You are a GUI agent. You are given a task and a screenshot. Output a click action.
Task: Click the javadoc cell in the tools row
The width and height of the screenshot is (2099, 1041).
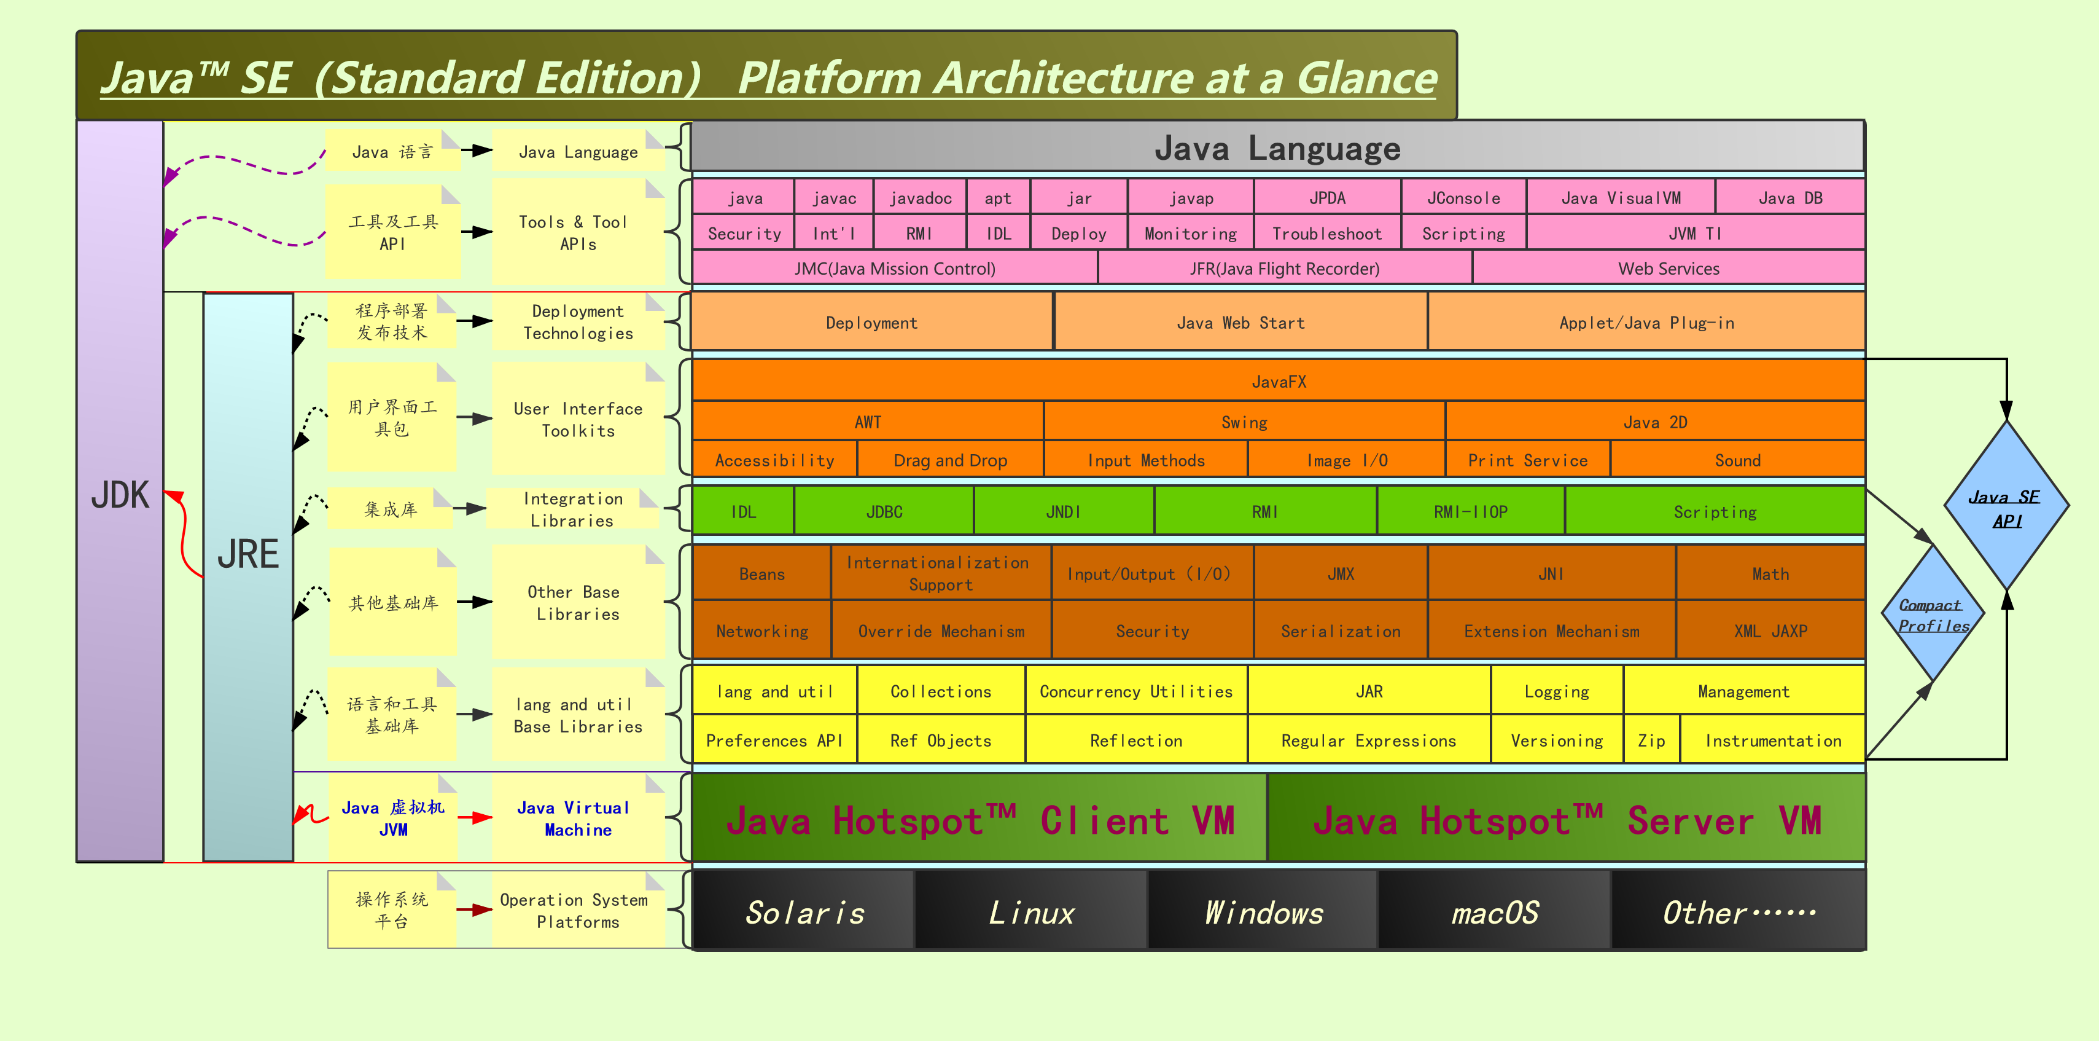click(x=920, y=198)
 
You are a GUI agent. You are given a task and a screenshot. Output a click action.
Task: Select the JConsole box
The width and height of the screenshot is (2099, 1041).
click(x=1463, y=198)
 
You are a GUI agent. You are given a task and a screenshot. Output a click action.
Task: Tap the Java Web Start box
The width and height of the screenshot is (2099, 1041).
click(x=1240, y=323)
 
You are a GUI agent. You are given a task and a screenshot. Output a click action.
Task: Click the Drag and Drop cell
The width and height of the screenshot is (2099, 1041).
click(x=950, y=460)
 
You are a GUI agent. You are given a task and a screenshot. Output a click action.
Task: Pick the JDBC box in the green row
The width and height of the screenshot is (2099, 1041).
click(x=884, y=512)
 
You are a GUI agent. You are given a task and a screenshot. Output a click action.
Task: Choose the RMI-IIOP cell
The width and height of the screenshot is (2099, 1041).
click(x=1470, y=512)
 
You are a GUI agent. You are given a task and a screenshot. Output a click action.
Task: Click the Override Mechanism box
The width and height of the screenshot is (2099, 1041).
click(x=941, y=631)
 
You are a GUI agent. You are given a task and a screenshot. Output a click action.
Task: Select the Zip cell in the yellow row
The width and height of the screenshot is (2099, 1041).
click(x=1652, y=740)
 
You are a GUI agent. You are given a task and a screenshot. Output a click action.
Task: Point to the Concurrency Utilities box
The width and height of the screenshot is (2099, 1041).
click(x=1136, y=691)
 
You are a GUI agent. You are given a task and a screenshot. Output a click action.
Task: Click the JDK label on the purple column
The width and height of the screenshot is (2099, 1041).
click(x=120, y=495)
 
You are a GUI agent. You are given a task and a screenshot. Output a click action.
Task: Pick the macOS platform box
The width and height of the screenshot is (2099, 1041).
click(x=1494, y=912)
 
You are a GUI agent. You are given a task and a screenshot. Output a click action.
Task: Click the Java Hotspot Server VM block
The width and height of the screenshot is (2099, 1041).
click(x=1566, y=819)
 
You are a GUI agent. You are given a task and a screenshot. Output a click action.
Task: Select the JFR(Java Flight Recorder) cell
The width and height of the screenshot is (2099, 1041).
click(x=1284, y=268)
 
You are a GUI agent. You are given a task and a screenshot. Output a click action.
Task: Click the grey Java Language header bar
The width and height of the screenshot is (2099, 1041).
click(x=1277, y=148)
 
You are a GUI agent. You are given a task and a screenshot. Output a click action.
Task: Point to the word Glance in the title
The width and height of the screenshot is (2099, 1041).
click(x=1366, y=78)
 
